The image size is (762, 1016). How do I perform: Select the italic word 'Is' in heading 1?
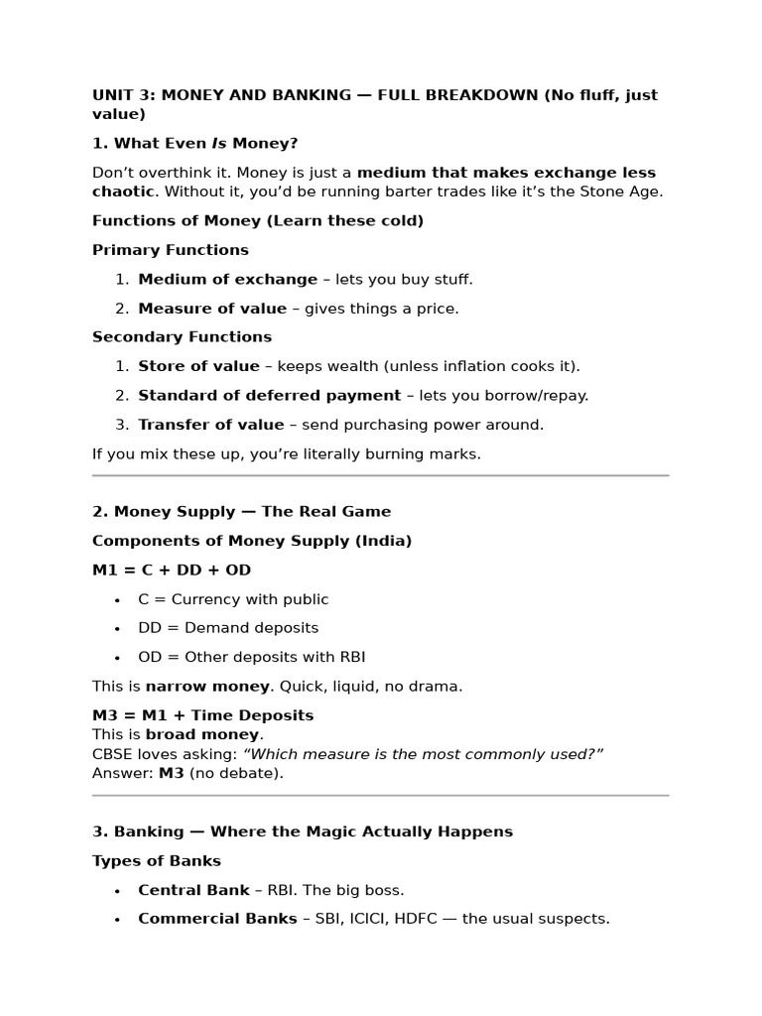pyautogui.click(x=218, y=144)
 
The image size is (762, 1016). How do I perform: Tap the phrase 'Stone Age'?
pyautogui.click(x=628, y=191)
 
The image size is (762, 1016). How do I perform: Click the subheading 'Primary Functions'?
pyautogui.click(x=171, y=250)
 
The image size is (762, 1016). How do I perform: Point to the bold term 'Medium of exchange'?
pyautogui.click(x=227, y=280)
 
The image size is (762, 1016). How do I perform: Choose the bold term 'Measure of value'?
pyautogui.click(x=212, y=309)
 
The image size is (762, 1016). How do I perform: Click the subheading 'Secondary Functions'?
pyautogui.click(x=182, y=337)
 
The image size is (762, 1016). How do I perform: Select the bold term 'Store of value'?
pyautogui.click(x=198, y=366)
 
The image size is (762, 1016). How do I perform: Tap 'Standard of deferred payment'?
pyautogui.click(x=269, y=396)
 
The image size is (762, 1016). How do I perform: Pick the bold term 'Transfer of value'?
pyautogui.click(x=210, y=425)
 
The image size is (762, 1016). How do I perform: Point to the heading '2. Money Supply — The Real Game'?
pyautogui.click(x=241, y=512)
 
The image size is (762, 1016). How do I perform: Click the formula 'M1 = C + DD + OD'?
pyautogui.click(x=172, y=571)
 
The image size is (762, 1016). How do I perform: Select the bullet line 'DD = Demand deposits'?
pyautogui.click(x=228, y=628)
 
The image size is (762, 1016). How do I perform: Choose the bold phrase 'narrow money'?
pyautogui.click(x=207, y=687)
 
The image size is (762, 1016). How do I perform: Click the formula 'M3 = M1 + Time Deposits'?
pyautogui.click(x=202, y=715)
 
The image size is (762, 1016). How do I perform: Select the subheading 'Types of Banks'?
pyautogui.click(x=157, y=861)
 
